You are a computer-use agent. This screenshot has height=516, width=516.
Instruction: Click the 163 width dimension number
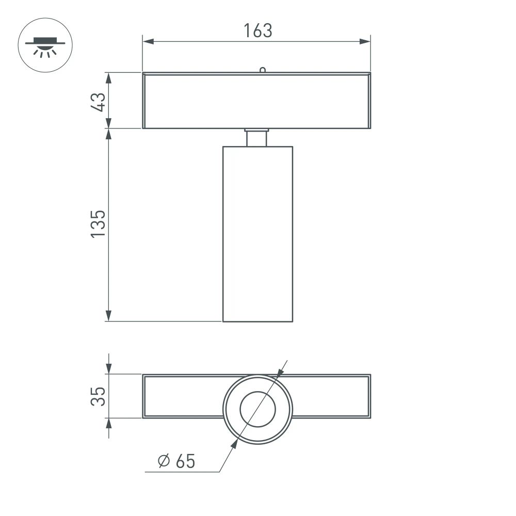[x=257, y=31]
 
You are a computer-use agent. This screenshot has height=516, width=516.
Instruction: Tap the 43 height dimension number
[x=99, y=101]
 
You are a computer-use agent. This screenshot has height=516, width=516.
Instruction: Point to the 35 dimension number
[x=99, y=396]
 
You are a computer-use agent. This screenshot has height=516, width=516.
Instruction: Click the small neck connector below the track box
[x=256, y=138]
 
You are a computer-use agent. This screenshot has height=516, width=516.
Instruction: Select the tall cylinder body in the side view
[x=257, y=232]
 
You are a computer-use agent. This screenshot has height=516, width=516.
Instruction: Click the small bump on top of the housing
[x=262, y=70]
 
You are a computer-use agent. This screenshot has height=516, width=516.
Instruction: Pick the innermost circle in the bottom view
[x=257, y=409]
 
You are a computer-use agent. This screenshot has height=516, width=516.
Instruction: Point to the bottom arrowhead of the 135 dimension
[x=108, y=316]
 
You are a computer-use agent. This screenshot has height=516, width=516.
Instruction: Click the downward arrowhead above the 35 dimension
[x=108, y=369]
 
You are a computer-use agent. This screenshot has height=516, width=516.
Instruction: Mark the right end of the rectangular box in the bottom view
[x=369, y=396]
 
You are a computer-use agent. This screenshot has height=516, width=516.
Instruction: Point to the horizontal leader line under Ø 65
[x=181, y=472]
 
